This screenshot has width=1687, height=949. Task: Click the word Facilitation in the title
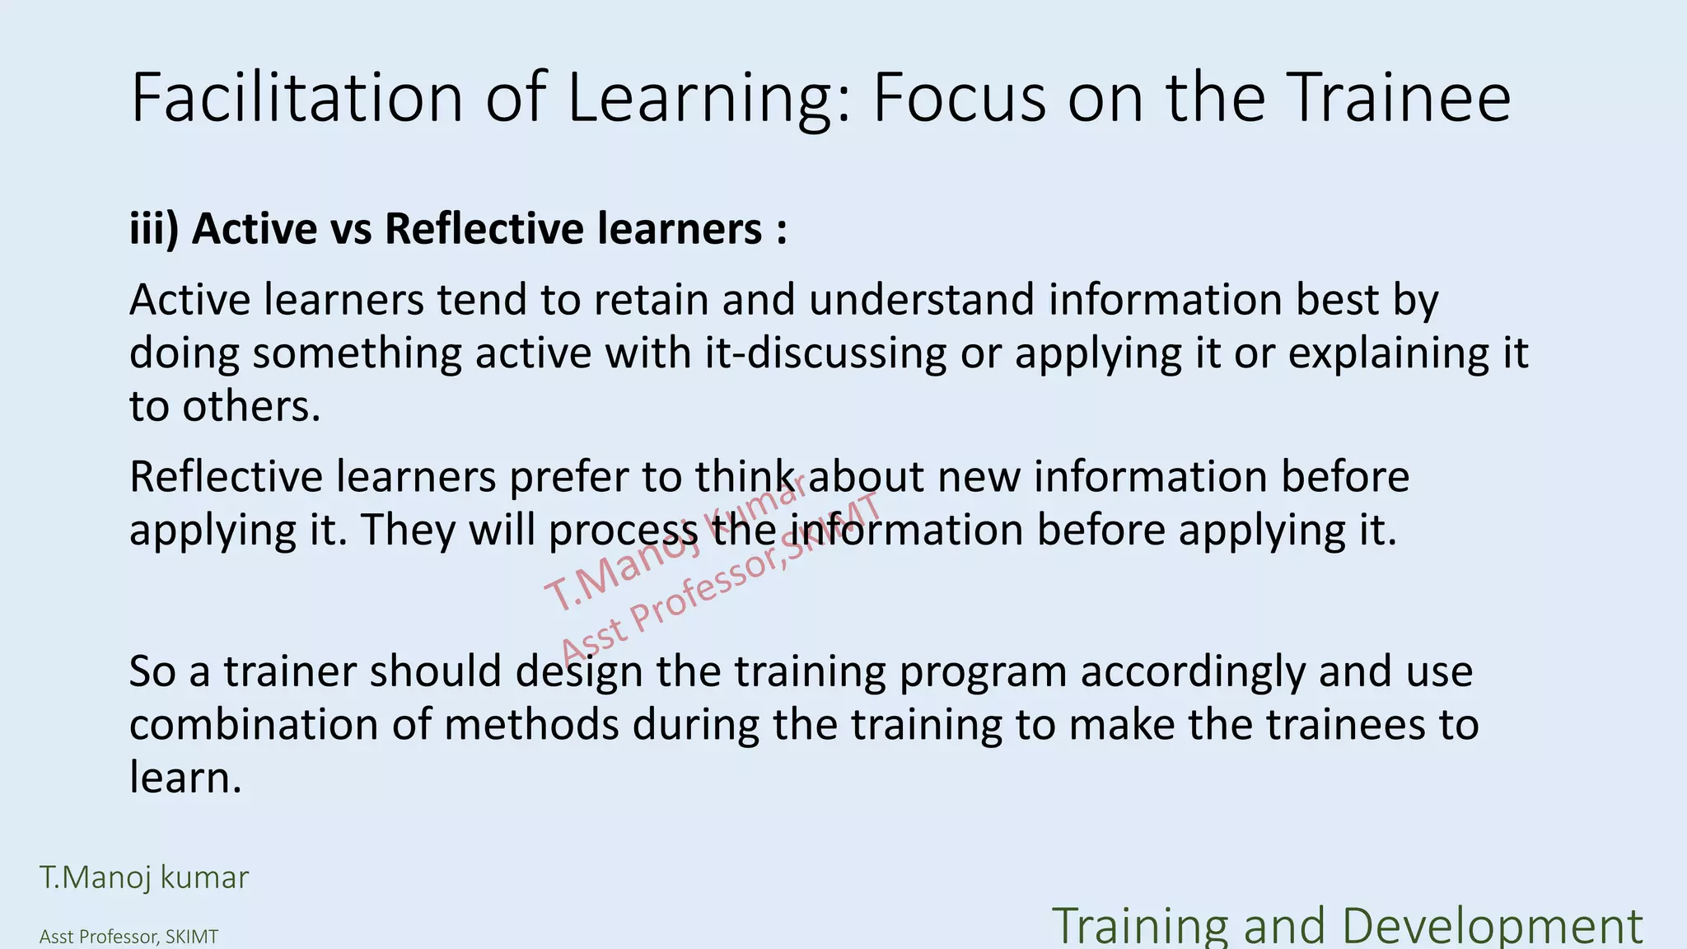coord(297,97)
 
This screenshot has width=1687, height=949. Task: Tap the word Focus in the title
coord(959,97)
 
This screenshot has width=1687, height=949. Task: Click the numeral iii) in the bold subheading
coord(154,228)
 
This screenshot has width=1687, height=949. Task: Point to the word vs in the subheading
coord(351,228)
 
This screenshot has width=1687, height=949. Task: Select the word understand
coord(920,299)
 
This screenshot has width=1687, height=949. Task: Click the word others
coord(250,406)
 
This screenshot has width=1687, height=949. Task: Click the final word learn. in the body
coord(185,778)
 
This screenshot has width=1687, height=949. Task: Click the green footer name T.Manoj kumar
coord(144,877)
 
